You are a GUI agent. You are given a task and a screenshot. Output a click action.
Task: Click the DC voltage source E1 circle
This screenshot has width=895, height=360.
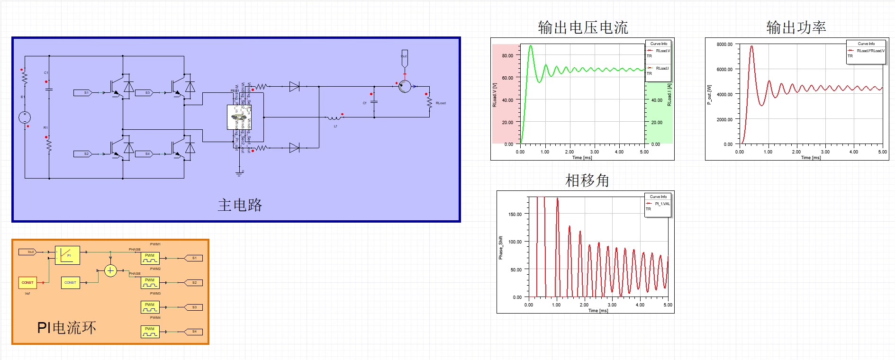pos(25,117)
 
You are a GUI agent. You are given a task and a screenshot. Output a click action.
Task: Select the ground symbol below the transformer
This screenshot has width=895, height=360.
pos(239,173)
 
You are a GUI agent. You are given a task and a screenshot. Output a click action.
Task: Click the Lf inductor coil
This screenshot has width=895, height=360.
pos(334,118)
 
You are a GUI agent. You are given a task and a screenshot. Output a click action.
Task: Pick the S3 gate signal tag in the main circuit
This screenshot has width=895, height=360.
pos(145,93)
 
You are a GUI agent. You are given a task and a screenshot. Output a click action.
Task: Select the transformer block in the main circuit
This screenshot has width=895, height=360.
pos(239,117)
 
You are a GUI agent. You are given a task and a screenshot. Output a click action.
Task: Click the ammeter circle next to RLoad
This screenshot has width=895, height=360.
pos(405,86)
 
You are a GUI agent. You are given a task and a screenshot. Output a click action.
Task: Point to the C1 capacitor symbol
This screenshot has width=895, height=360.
pos(49,89)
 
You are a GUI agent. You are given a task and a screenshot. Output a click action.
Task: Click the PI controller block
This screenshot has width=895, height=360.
pos(67,255)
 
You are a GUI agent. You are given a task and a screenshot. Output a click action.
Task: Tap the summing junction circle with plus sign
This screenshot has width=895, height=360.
pos(110,270)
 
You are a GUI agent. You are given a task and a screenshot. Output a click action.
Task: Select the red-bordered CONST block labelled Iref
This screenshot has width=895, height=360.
pos(27,282)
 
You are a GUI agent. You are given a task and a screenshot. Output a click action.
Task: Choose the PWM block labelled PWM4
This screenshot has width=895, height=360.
pos(150,331)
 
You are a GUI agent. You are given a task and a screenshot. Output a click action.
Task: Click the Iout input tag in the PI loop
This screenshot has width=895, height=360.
pos(28,252)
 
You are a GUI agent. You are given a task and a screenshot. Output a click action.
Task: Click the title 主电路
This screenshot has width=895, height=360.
pos(240,205)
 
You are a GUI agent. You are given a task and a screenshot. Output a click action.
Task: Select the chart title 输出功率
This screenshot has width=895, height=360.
pos(796,27)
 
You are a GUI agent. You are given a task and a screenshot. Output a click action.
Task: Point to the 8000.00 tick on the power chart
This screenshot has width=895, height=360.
pos(724,45)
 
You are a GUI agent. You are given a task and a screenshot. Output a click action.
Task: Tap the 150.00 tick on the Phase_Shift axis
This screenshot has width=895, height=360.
pos(515,214)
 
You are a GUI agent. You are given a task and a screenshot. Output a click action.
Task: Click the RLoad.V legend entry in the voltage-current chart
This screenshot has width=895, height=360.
pos(662,51)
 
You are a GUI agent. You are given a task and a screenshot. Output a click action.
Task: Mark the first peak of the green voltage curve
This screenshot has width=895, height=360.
pos(531,46)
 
